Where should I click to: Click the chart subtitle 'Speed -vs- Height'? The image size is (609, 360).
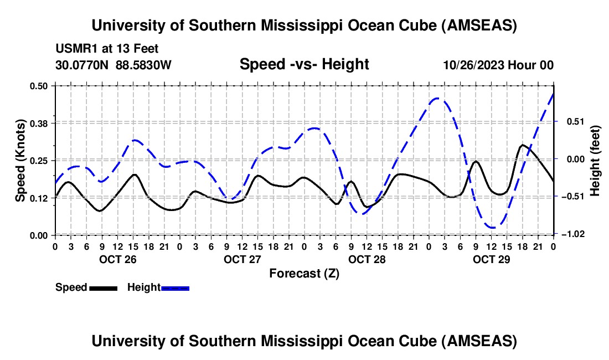coord(304,65)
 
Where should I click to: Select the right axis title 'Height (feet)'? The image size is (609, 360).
coord(596,160)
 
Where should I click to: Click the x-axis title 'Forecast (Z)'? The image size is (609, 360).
coord(304,273)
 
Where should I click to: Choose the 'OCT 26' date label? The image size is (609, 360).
coord(117,259)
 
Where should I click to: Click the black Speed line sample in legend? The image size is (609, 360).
coord(103,287)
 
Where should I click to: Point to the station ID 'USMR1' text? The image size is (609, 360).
coord(74,49)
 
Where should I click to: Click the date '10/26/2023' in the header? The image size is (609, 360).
coord(474,65)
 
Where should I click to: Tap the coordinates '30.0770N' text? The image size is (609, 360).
coord(82,65)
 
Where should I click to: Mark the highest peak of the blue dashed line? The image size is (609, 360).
coord(437,98)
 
